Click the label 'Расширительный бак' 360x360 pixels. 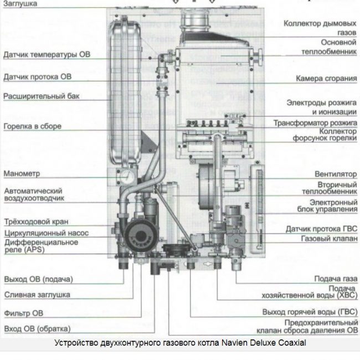pyautogui.click(x=42, y=96)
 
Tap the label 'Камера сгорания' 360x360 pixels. pyautogui.click(x=326, y=79)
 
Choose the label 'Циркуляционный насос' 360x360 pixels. pyautogui.click(x=46, y=233)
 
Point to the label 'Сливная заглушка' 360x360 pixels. pyautogui.click(x=37, y=295)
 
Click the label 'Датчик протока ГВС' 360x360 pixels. pyautogui.click(x=321, y=228)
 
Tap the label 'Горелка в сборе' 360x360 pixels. pyautogui.click(x=32, y=126)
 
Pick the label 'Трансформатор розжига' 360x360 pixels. pyautogui.click(x=315, y=122)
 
